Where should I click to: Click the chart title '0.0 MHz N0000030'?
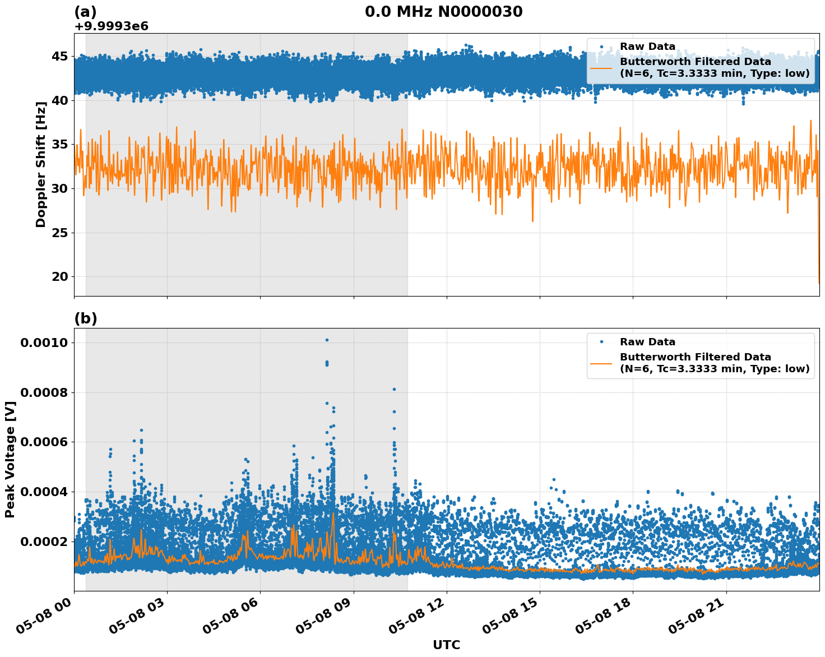click(443, 11)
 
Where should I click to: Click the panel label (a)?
click(85, 12)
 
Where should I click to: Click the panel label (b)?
click(85, 318)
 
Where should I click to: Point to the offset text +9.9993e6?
click(111, 26)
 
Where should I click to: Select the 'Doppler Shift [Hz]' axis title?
click(40, 164)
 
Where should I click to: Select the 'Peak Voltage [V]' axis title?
click(10, 459)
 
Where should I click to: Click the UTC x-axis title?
click(446, 645)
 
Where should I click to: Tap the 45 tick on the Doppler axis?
click(59, 56)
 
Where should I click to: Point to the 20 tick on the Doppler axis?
click(59, 276)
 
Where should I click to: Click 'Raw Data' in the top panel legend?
click(647, 47)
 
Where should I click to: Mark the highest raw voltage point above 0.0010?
click(327, 340)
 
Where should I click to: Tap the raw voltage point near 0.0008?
click(394, 389)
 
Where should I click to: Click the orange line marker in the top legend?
click(601, 67)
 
